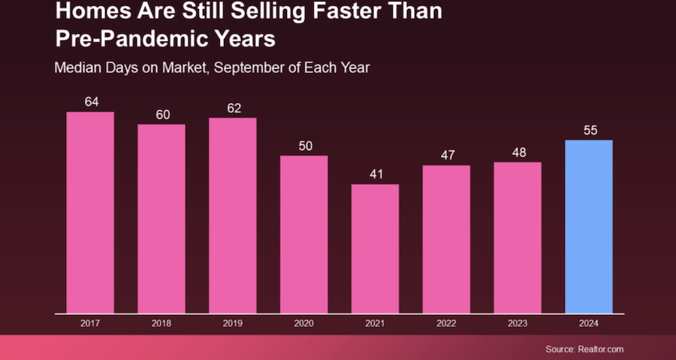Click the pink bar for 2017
coord(90,212)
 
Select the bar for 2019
coord(233,215)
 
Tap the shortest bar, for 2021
coord(375,248)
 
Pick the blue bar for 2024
coord(589,226)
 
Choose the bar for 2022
coord(446,239)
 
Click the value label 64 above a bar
coord(92,101)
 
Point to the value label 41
coord(376,174)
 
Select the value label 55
coord(590,130)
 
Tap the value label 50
coord(304,145)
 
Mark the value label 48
coord(519,151)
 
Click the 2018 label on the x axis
coord(161,324)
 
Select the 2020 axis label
coord(304,324)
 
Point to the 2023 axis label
coord(518,324)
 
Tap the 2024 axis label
coord(590,324)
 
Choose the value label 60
coord(163,114)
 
